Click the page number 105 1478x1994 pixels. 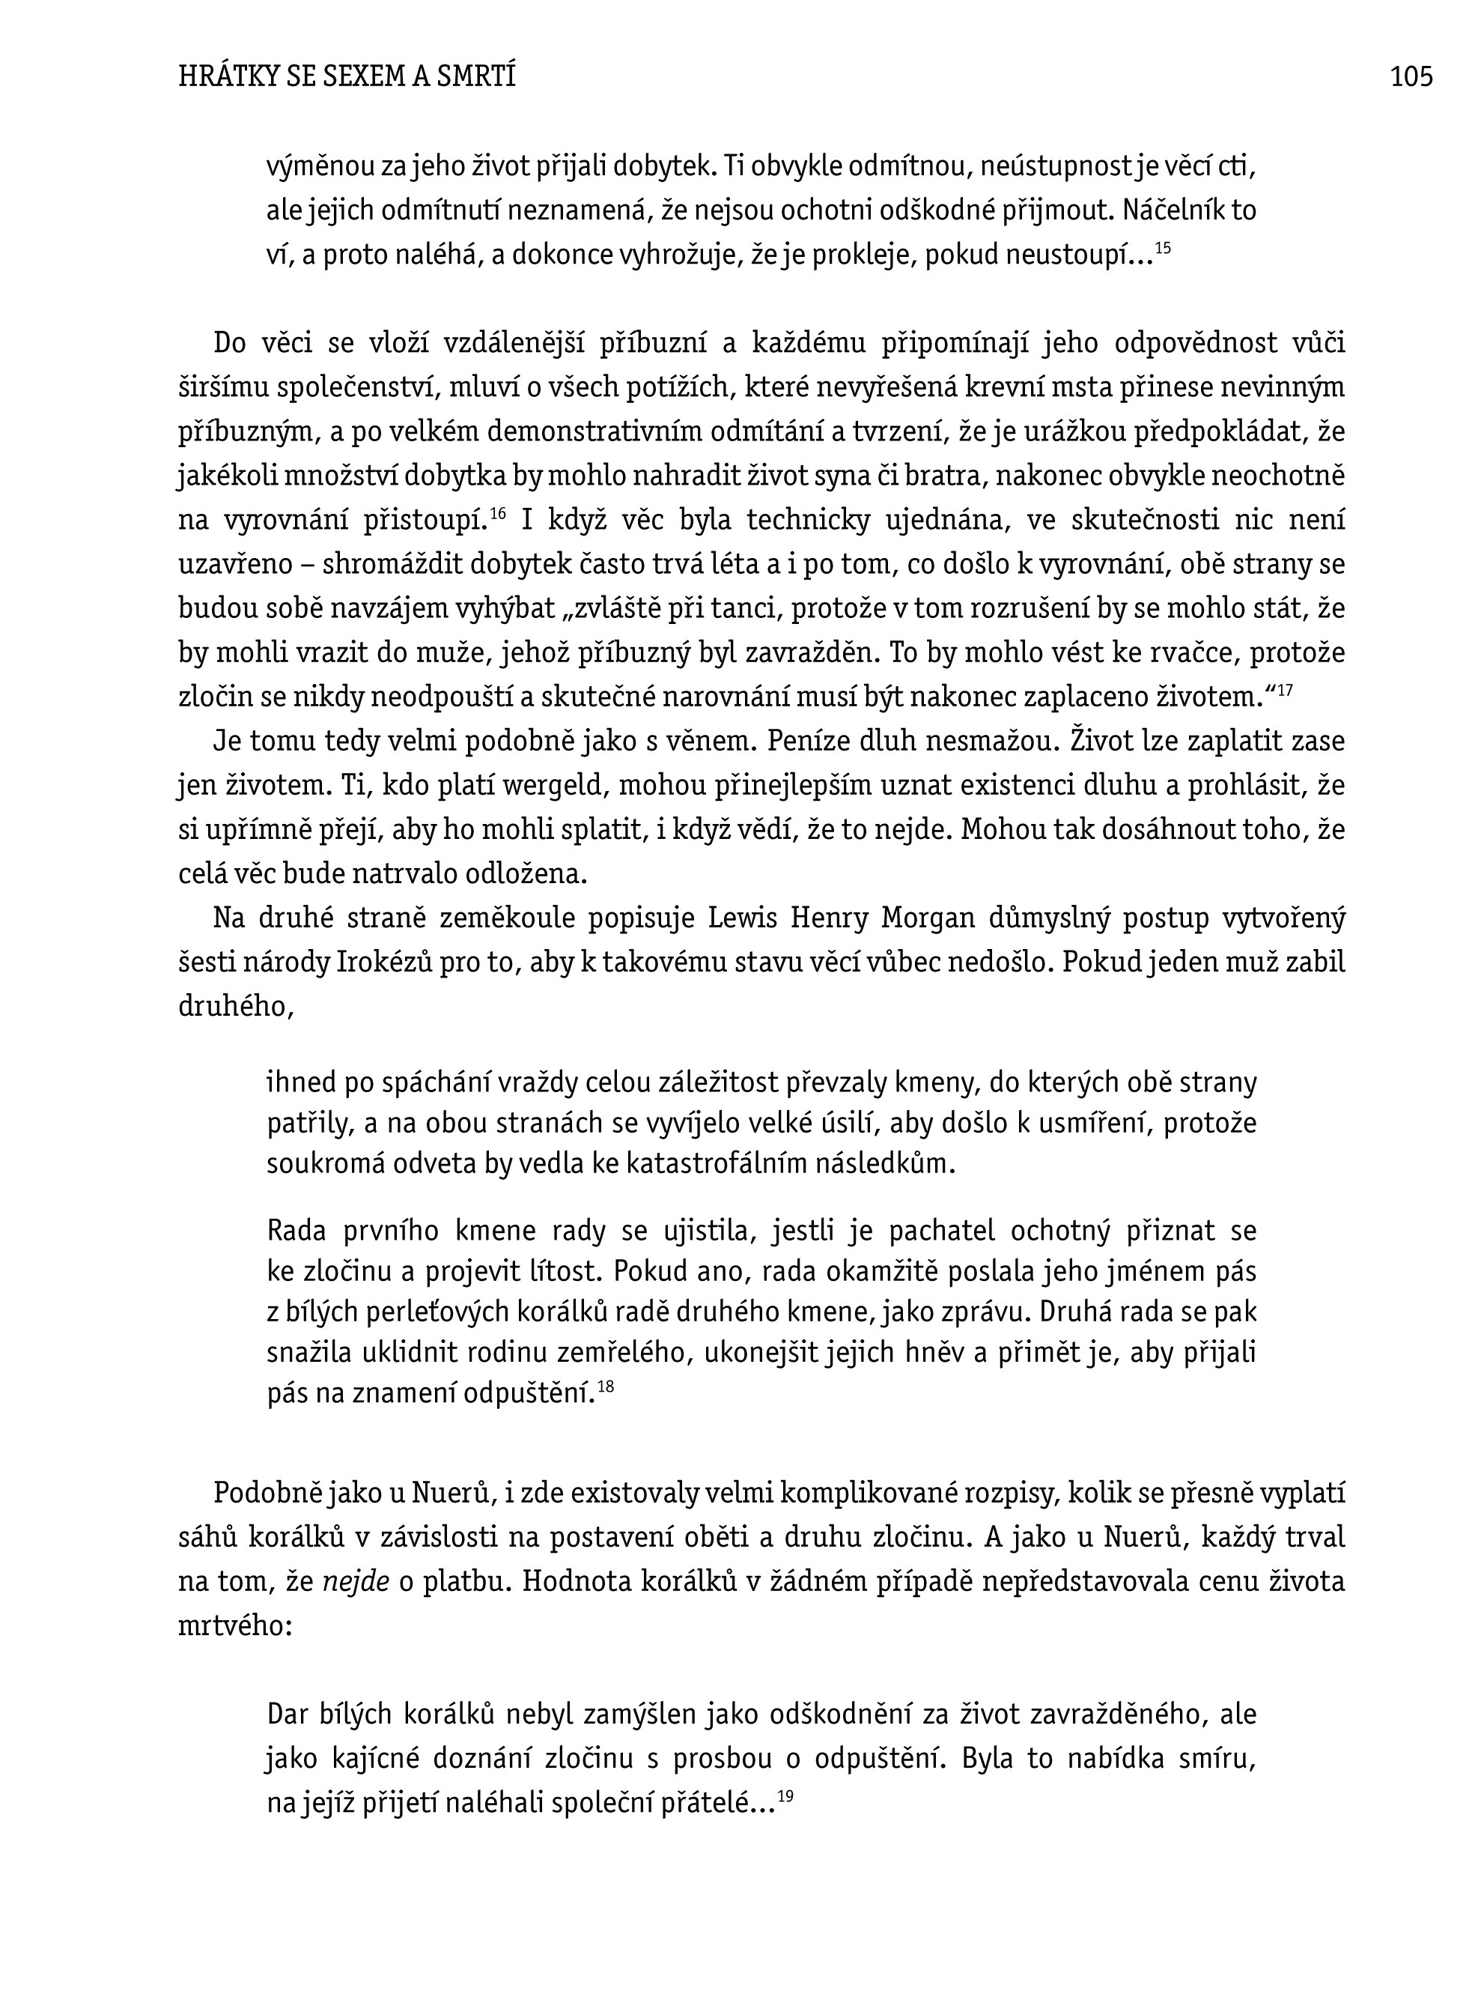coord(1411,78)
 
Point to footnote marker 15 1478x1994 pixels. coord(1162,248)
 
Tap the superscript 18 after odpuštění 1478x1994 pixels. coord(605,1387)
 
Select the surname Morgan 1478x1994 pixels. coord(927,918)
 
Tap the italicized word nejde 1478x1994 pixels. coord(355,1581)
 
